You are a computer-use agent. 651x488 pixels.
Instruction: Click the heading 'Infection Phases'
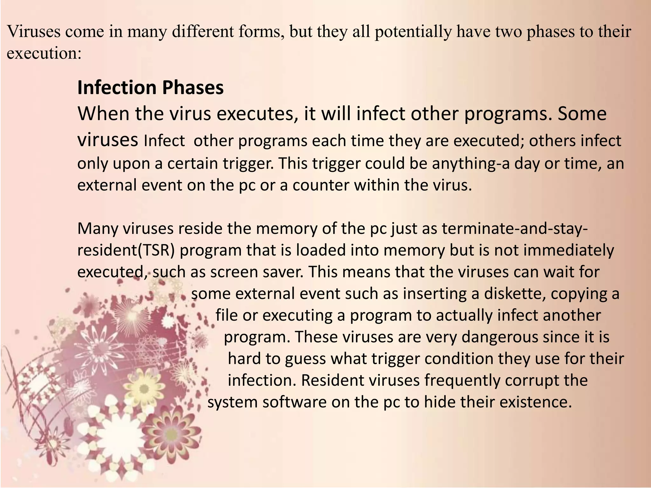[150, 88]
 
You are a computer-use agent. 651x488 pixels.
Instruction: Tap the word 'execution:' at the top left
[44, 53]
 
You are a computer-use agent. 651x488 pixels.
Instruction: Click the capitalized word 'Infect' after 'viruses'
[164, 141]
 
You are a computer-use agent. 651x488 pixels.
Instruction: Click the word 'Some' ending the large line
[582, 114]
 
